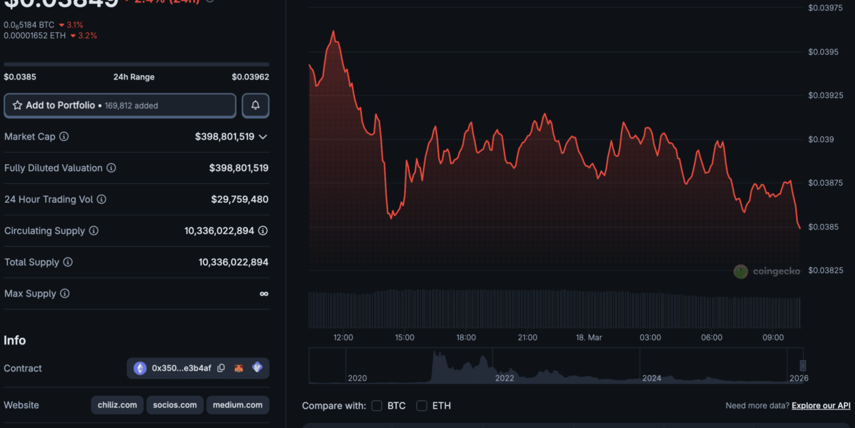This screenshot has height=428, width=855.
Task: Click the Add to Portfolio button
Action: click(x=120, y=105)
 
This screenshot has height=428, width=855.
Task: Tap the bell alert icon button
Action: click(x=255, y=105)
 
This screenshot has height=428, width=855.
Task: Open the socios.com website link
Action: click(x=175, y=405)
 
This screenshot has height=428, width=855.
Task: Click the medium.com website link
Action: click(x=237, y=405)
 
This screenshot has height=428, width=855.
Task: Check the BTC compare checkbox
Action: click(x=377, y=406)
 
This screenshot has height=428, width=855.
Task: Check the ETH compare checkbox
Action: click(x=422, y=406)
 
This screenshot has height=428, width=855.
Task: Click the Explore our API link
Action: click(x=821, y=406)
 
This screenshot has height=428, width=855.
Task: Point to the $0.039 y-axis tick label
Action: click(x=821, y=139)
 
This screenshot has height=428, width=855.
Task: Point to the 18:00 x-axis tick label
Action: click(x=466, y=338)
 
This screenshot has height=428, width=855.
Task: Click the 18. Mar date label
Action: click(x=589, y=338)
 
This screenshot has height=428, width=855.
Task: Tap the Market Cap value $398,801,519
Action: click(x=224, y=136)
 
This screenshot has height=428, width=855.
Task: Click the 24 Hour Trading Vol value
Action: click(x=239, y=199)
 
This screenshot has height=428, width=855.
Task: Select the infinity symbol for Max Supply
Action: click(x=264, y=294)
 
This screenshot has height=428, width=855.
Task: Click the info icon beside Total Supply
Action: click(x=68, y=262)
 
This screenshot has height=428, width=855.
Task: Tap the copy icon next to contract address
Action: click(x=221, y=368)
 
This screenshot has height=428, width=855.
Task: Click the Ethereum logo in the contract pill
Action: click(x=140, y=368)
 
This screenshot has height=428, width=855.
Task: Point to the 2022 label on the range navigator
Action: click(x=504, y=378)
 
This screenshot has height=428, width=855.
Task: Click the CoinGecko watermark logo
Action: click(x=741, y=271)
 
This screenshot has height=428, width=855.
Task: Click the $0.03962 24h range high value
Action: click(x=250, y=77)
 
